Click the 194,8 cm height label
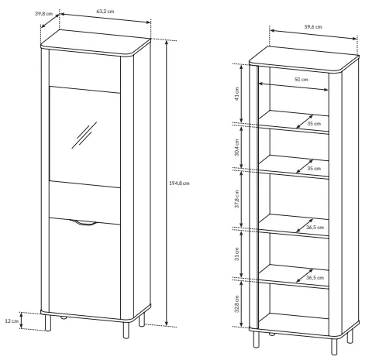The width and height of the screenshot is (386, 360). click(179, 183)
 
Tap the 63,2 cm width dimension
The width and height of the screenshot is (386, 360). click(105, 12)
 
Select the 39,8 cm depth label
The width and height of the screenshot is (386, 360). click(43, 13)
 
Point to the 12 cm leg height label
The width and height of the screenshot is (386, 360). click(12, 321)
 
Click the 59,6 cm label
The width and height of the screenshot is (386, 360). click(313, 27)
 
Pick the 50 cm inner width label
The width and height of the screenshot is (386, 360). click(302, 80)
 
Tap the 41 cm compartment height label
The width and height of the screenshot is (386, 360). click(237, 94)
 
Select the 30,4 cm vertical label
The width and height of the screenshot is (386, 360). click(237, 147)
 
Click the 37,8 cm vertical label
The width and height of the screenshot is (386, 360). click(237, 199)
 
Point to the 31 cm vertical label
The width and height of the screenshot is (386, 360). click(237, 254)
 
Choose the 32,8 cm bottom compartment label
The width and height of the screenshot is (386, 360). click(237, 304)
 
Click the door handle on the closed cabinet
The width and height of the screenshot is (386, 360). click(83, 223)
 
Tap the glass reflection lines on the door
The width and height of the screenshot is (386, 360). click(84, 135)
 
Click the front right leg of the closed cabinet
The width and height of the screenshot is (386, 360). click(126, 330)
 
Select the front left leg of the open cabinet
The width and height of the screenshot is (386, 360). click(257, 339)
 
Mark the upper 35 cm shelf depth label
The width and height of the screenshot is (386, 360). click(314, 124)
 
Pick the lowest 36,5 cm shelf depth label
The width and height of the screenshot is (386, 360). click(315, 278)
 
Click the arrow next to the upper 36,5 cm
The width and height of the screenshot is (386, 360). click(305, 225)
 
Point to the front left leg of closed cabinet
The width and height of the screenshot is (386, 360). click(48, 323)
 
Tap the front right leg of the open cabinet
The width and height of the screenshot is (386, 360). click(334, 347)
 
